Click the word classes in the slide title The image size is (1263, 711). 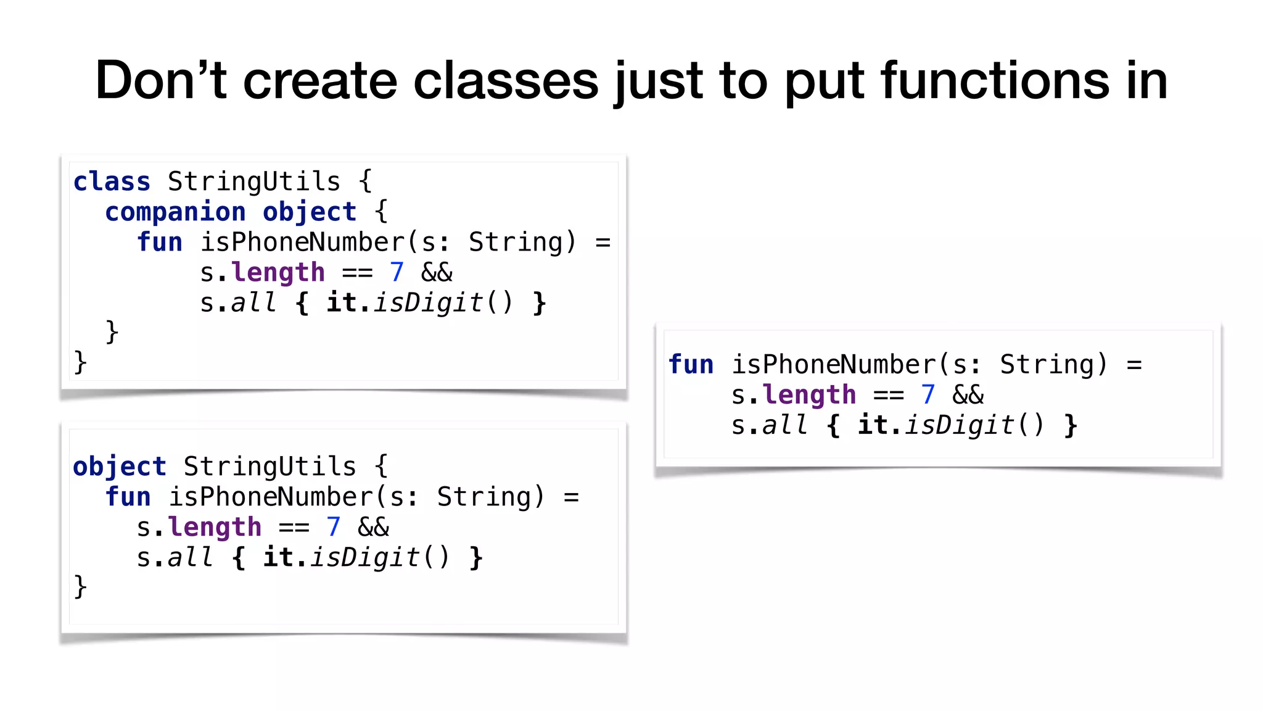506,80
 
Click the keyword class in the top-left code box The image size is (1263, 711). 112,182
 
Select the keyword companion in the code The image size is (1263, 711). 175,212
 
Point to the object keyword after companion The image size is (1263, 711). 310,212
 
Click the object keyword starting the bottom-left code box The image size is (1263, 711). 120,467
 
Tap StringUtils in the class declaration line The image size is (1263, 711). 254,182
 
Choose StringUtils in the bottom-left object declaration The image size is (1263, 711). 270,467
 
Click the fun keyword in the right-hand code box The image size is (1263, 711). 691,365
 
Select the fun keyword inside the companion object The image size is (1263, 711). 160,243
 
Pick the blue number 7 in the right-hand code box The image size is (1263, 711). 928,395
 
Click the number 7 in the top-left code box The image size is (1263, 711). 397,273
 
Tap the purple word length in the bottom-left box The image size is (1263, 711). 215,528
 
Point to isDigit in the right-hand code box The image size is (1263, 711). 959,425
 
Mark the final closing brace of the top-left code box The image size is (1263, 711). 80,362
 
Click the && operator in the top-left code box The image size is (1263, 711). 437,273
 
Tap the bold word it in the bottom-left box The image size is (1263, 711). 278,558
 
